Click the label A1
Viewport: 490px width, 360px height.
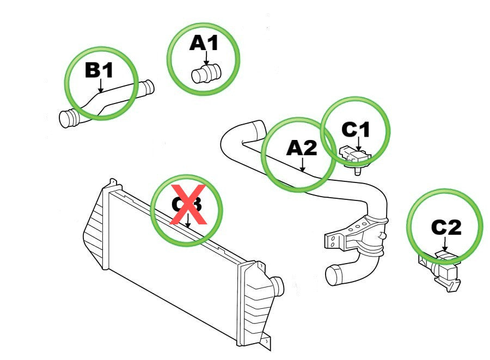(x=204, y=42)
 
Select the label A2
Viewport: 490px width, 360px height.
(x=302, y=147)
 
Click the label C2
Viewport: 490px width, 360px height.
(x=446, y=227)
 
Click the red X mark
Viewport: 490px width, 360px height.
(x=188, y=204)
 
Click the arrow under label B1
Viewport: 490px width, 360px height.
(x=100, y=85)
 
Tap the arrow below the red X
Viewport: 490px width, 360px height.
(x=188, y=221)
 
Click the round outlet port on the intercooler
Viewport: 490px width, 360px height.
(x=278, y=284)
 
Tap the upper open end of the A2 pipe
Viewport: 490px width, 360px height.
(x=256, y=131)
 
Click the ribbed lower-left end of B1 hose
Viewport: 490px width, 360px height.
(x=68, y=118)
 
